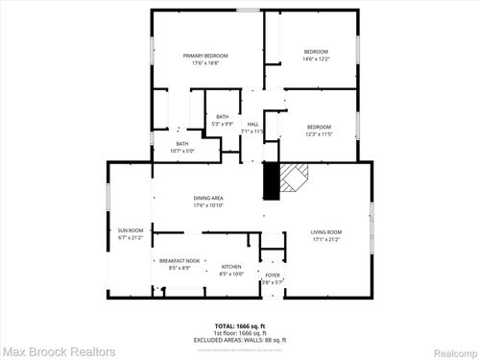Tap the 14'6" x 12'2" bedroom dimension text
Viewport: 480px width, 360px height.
[x=316, y=59]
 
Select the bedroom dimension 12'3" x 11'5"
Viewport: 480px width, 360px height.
[x=319, y=134]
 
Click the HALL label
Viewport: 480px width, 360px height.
[x=253, y=124]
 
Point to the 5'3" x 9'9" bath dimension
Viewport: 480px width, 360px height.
[x=223, y=125]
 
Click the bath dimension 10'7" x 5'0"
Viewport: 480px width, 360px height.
[x=182, y=151]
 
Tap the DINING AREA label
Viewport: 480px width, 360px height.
[x=208, y=198]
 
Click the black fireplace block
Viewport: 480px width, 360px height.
[x=272, y=180]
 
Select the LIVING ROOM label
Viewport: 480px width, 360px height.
[x=325, y=232]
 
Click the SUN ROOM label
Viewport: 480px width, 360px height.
[x=130, y=230]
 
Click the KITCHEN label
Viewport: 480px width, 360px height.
[x=231, y=267]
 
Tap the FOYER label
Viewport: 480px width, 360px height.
[x=273, y=275]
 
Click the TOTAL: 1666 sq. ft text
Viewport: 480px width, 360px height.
[x=241, y=326]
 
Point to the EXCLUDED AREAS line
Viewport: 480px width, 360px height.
[x=241, y=340]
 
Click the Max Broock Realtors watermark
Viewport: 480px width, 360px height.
[x=58, y=352]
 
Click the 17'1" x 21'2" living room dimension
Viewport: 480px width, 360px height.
[x=325, y=240]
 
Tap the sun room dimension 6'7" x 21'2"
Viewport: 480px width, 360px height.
[x=130, y=237]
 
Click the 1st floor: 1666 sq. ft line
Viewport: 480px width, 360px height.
[x=241, y=333]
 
